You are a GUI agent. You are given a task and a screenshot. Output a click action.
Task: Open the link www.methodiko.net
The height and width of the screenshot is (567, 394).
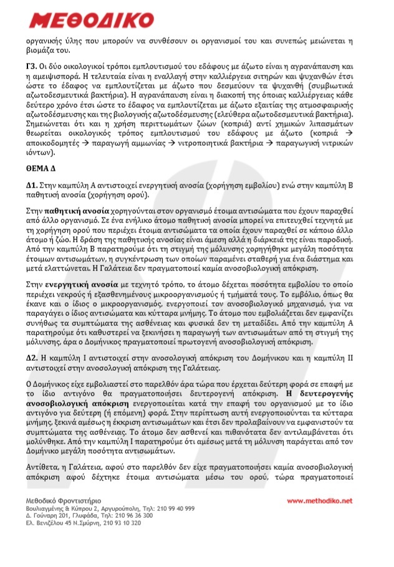[320, 500]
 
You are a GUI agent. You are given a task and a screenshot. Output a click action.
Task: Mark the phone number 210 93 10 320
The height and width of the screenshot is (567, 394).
[120, 523]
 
